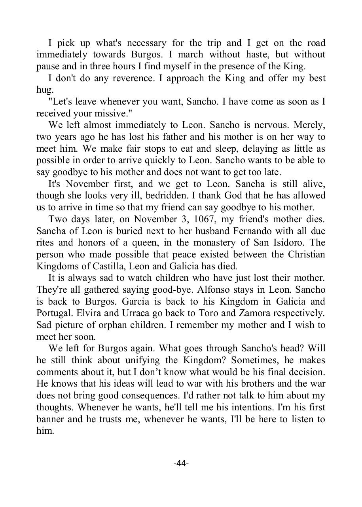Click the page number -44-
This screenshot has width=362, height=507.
coord(181,463)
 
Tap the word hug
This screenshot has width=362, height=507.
coord(44,90)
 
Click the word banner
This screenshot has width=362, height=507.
coord(50,419)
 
